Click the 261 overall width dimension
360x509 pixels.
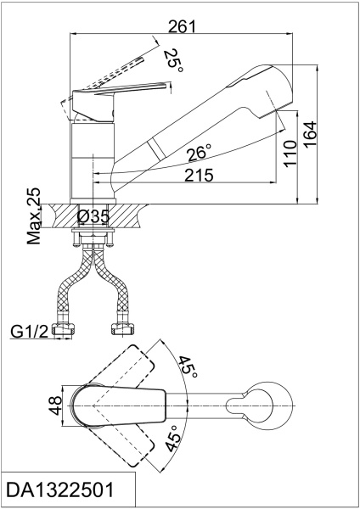tap(182, 26)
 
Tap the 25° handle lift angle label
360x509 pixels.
tap(173, 60)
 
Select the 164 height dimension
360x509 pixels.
tap(310, 134)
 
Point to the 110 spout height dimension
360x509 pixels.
tap(290, 154)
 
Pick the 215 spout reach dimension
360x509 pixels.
tap(199, 176)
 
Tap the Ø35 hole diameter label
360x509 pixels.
tap(93, 216)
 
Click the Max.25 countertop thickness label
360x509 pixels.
tap(34, 216)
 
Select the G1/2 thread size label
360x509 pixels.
tap(29, 332)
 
